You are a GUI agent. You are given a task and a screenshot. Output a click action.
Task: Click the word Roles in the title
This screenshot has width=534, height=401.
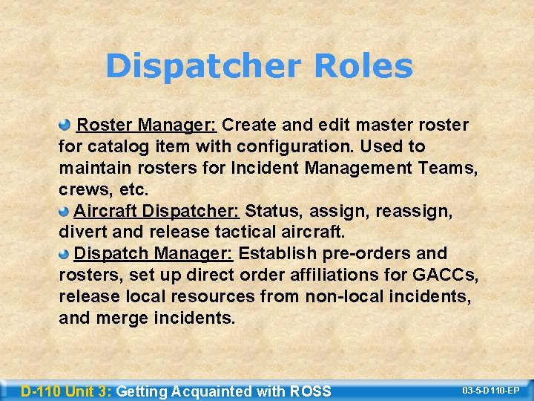pyautogui.click(x=363, y=66)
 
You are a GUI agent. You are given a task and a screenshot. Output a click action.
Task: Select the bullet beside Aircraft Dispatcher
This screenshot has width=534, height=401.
pyautogui.click(x=65, y=212)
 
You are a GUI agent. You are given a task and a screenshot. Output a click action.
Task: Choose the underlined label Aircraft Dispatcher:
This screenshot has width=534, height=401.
pyautogui.click(x=156, y=212)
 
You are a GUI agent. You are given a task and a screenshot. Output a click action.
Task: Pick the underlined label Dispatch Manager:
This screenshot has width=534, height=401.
pyautogui.click(x=154, y=254)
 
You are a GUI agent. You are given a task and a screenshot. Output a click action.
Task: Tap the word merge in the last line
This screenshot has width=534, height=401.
pyautogui.click(x=125, y=319)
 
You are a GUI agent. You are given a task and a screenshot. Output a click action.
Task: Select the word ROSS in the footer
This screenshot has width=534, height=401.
pyautogui.click(x=311, y=391)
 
